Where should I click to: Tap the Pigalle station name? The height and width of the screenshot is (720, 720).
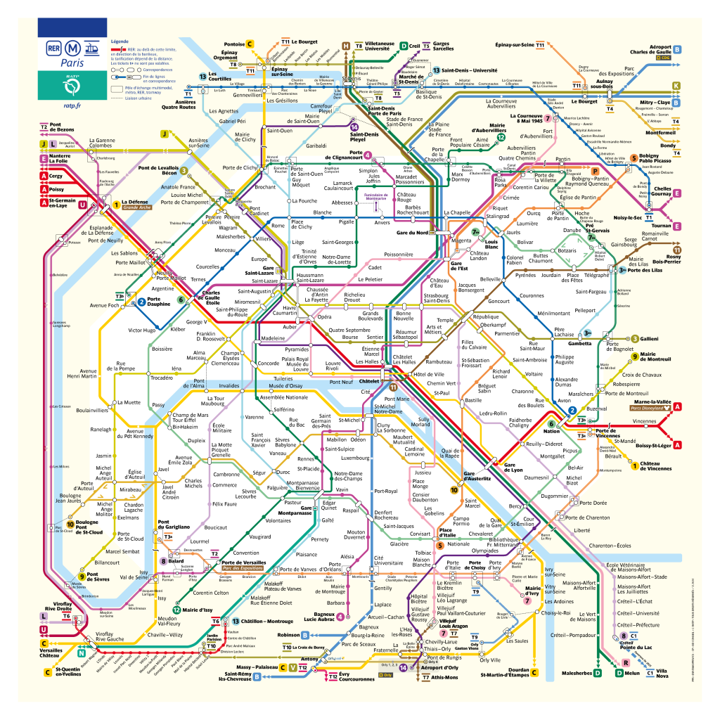347,221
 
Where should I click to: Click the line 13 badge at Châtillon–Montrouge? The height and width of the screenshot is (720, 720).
226,622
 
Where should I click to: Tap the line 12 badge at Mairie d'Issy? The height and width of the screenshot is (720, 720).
177,610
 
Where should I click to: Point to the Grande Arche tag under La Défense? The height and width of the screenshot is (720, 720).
137,208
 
